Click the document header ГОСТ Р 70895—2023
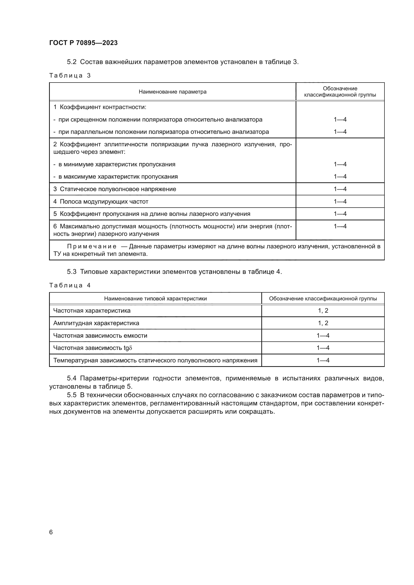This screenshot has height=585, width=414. [83, 43]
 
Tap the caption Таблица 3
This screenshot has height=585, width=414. [70, 76]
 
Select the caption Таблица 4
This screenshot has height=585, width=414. [70, 285]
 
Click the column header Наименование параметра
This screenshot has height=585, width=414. [173, 92]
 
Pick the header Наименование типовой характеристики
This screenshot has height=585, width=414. [155, 299]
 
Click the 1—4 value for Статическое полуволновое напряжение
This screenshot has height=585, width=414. [340, 189]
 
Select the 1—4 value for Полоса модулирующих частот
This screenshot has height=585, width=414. [340, 202]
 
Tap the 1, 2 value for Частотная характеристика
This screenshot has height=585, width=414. [323, 311]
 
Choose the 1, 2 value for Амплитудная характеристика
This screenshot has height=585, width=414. [323, 323]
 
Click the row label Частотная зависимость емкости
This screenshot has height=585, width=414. [100, 336]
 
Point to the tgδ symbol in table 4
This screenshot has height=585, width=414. [128, 348]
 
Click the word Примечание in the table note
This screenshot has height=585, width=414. [92, 246]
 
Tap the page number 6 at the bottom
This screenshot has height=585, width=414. [51, 532]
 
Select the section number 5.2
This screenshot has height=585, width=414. [72, 62]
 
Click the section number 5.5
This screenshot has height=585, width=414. [72, 395]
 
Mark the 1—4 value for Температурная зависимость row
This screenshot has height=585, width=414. [323, 360]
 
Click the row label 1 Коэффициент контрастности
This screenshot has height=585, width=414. [100, 107]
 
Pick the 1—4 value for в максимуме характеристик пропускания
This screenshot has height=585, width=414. [340, 177]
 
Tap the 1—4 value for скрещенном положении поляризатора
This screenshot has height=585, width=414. [340, 120]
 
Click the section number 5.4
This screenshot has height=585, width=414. [72, 378]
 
